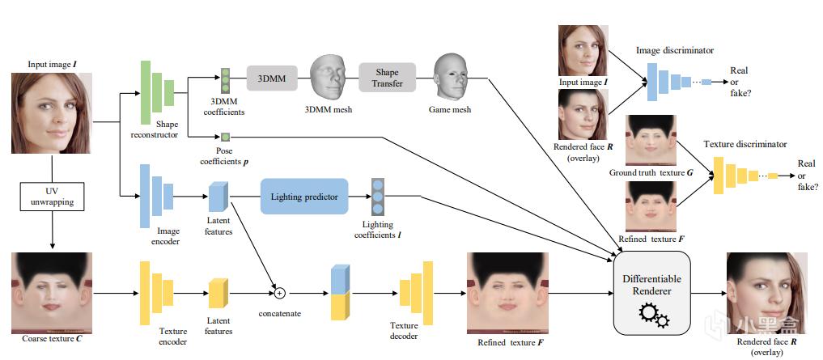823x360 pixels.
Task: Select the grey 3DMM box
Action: tap(269, 79)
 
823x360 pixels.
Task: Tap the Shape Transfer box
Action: tap(387, 78)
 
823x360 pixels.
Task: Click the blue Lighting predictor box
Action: tap(303, 197)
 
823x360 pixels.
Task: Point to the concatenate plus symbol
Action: tap(281, 292)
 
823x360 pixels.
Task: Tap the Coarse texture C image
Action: tap(51, 291)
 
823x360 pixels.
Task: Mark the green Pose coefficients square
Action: tap(226, 136)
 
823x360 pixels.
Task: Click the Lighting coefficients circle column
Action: tap(378, 197)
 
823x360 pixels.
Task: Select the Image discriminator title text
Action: tap(675, 50)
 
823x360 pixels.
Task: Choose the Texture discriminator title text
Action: tap(744, 144)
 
